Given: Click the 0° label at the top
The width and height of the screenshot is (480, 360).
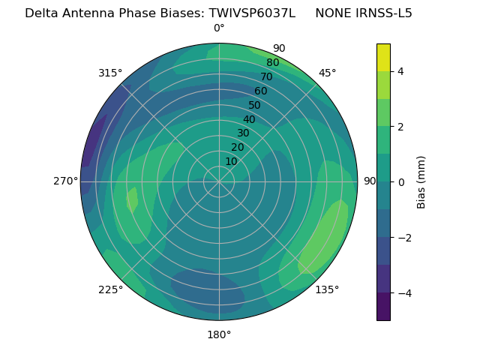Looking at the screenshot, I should tap(219, 28).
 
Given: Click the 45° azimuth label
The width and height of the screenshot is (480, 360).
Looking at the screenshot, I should tap(328, 73).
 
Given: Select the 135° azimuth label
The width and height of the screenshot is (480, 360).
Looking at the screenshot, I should tap(327, 289).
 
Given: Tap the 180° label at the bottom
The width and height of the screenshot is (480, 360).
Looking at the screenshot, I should tap(219, 334).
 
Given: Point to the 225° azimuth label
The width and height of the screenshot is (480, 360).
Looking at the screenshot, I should tap(110, 290).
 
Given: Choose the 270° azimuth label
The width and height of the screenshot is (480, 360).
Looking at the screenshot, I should tap(65, 181).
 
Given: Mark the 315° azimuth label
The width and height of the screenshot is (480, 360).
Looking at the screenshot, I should tap(110, 73).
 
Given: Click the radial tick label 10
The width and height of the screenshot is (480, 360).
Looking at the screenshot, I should tap(231, 161).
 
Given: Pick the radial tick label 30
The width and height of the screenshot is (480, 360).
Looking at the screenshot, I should tap(243, 133).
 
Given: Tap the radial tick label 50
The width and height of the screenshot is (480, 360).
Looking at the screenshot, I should tap(255, 106).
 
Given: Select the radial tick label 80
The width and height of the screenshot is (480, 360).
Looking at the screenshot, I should tap(272, 63).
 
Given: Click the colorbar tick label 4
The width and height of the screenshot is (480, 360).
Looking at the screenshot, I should tap(401, 71).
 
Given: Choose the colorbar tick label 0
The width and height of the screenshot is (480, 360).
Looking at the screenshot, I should tap(401, 182).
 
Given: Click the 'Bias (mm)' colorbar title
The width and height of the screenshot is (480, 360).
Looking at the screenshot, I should tap(421, 182).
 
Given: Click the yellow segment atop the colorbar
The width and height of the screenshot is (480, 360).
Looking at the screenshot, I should tap(383, 57).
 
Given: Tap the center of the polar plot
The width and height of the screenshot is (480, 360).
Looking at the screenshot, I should tap(219, 181).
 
